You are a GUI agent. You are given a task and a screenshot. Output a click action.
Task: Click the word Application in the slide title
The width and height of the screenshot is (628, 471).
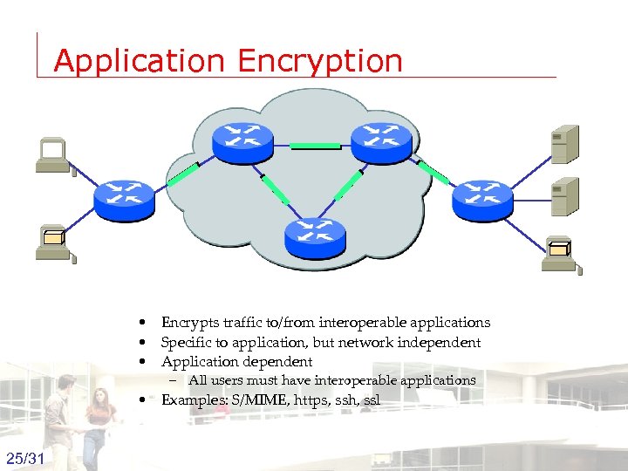(139, 61)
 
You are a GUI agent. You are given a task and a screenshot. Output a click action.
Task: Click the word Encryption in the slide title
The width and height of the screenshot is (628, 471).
(318, 61)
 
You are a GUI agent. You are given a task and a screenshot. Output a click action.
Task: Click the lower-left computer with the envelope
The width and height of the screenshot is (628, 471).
(55, 242)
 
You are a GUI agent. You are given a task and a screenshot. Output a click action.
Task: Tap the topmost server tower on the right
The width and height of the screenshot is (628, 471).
(564, 144)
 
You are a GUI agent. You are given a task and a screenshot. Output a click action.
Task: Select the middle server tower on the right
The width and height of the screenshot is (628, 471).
(564, 196)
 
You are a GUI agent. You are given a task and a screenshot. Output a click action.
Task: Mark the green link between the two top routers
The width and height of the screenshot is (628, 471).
(315, 147)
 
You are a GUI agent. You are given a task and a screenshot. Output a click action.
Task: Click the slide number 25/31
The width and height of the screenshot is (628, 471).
(27, 458)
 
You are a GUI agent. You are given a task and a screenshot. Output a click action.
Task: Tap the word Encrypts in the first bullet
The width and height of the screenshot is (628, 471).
(185, 323)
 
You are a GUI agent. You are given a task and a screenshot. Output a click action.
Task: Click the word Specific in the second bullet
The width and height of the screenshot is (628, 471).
(184, 343)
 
